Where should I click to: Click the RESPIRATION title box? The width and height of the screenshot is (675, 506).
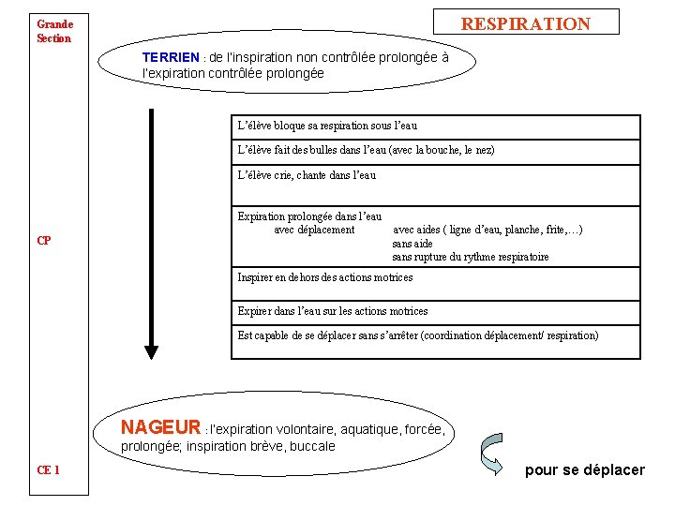point(525,23)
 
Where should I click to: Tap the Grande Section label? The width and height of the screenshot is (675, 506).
point(53,31)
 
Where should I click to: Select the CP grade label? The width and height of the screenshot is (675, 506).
point(44,241)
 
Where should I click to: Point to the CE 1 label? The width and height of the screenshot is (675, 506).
point(49,469)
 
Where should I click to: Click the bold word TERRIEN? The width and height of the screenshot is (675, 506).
point(171,57)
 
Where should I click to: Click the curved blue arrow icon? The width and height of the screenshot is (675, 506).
point(492,454)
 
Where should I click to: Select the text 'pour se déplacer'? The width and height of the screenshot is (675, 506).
point(585,469)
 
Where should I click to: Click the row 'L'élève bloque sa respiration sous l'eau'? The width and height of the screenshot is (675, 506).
point(327,126)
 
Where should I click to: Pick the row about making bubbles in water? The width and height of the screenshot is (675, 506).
point(366,150)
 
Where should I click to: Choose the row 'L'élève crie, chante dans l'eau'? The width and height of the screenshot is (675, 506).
point(307,174)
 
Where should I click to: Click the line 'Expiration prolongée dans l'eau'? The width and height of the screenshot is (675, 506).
point(309,216)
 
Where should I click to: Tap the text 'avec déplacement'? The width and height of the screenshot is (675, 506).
point(314,230)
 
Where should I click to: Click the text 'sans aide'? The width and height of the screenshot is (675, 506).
point(412,244)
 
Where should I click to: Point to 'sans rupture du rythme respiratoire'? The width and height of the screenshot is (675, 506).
point(470,257)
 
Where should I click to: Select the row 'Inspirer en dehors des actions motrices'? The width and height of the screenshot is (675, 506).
point(325,277)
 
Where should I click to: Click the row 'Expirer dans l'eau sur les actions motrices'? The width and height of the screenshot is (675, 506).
point(333,311)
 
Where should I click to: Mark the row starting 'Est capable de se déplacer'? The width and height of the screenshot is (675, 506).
point(417,335)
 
